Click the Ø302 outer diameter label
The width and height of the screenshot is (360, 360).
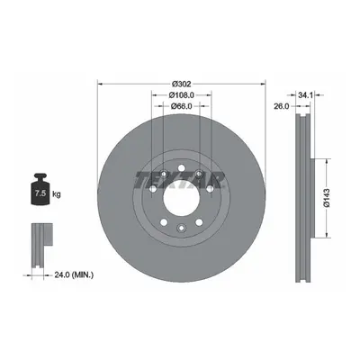pyautogui.click(x=182, y=84)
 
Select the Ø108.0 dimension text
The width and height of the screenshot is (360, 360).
pyautogui.click(x=182, y=95)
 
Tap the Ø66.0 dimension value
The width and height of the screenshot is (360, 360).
pyautogui.click(x=182, y=106)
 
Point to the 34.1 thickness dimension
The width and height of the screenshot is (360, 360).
pyautogui.click(x=306, y=95)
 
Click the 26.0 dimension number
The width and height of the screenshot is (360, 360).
pyautogui.click(x=281, y=106)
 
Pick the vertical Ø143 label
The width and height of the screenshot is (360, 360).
pyautogui.click(x=327, y=198)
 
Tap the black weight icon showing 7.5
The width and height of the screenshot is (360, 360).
pyautogui.click(x=40, y=189)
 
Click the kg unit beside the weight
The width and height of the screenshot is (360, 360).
pyautogui.click(x=57, y=194)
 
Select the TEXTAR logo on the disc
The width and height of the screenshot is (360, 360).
pyautogui.click(x=181, y=180)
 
